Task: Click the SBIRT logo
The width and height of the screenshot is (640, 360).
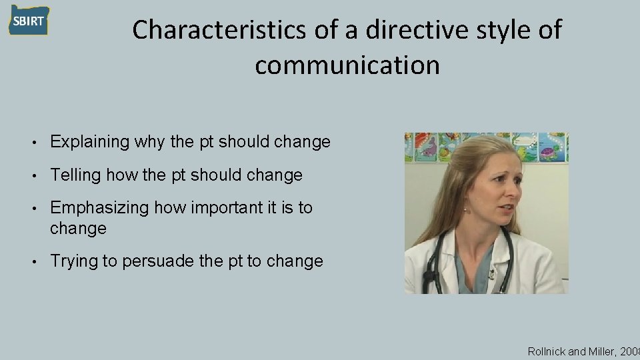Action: click(29, 20)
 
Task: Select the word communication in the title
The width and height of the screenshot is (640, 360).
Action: click(347, 65)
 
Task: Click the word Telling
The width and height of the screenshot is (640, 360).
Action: click(74, 175)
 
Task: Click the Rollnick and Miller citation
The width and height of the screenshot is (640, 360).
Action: click(583, 351)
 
